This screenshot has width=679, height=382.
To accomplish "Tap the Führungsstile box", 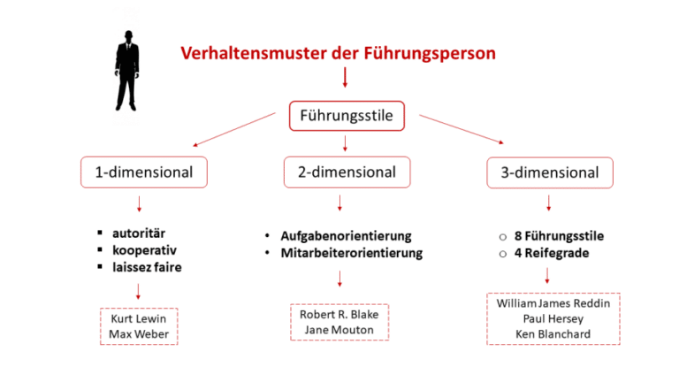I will (347, 115).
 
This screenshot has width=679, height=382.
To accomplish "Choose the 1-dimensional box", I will (144, 172).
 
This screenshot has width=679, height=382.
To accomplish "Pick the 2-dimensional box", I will (347, 172).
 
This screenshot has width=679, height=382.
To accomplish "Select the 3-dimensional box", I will (549, 172).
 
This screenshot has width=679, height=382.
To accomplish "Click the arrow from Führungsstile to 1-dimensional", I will (234, 130).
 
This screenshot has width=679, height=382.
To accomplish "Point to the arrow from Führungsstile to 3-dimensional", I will (460, 129).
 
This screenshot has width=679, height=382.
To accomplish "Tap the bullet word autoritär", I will (138, 233).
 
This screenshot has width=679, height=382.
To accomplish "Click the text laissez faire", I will (147, 266).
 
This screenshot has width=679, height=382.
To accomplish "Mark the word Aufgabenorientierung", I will (347, 236).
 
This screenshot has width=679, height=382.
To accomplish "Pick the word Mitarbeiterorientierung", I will (352, 253).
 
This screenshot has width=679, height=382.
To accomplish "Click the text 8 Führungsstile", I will (558, 236).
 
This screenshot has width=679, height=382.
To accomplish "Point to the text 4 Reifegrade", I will (552, 253).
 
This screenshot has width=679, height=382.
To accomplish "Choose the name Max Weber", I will (138, 334).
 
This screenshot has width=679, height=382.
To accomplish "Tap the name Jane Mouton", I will (339, 330).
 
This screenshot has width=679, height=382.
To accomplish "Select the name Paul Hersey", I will (553, 318).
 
